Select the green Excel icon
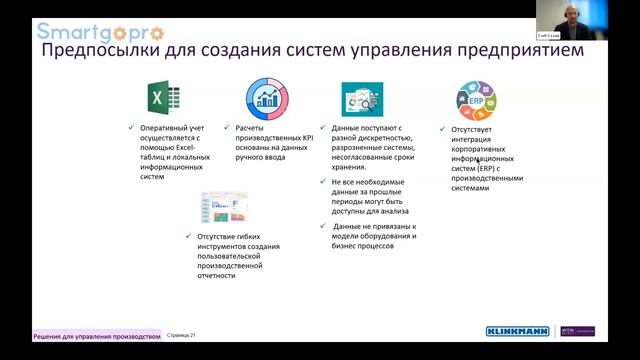tap(163, 98)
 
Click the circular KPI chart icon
tap(267, 98)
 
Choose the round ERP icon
tap(477, 100)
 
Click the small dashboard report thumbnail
tap(224, 209)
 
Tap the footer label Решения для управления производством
tap(96, 336)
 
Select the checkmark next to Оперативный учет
tap(132, 128)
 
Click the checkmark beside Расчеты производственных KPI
tap(228, 128)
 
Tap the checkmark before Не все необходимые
tap(323, 183)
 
